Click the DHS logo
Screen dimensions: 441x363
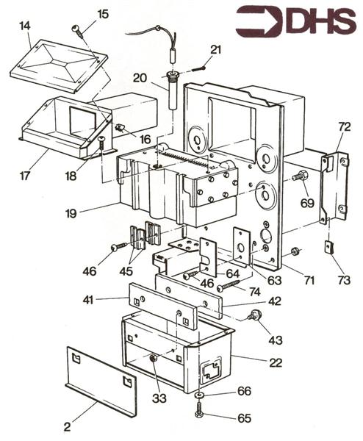click(x=297, y=21)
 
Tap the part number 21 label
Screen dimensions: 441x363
click(x=215, y=51)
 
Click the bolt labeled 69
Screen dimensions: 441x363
click(x=301, y=176)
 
